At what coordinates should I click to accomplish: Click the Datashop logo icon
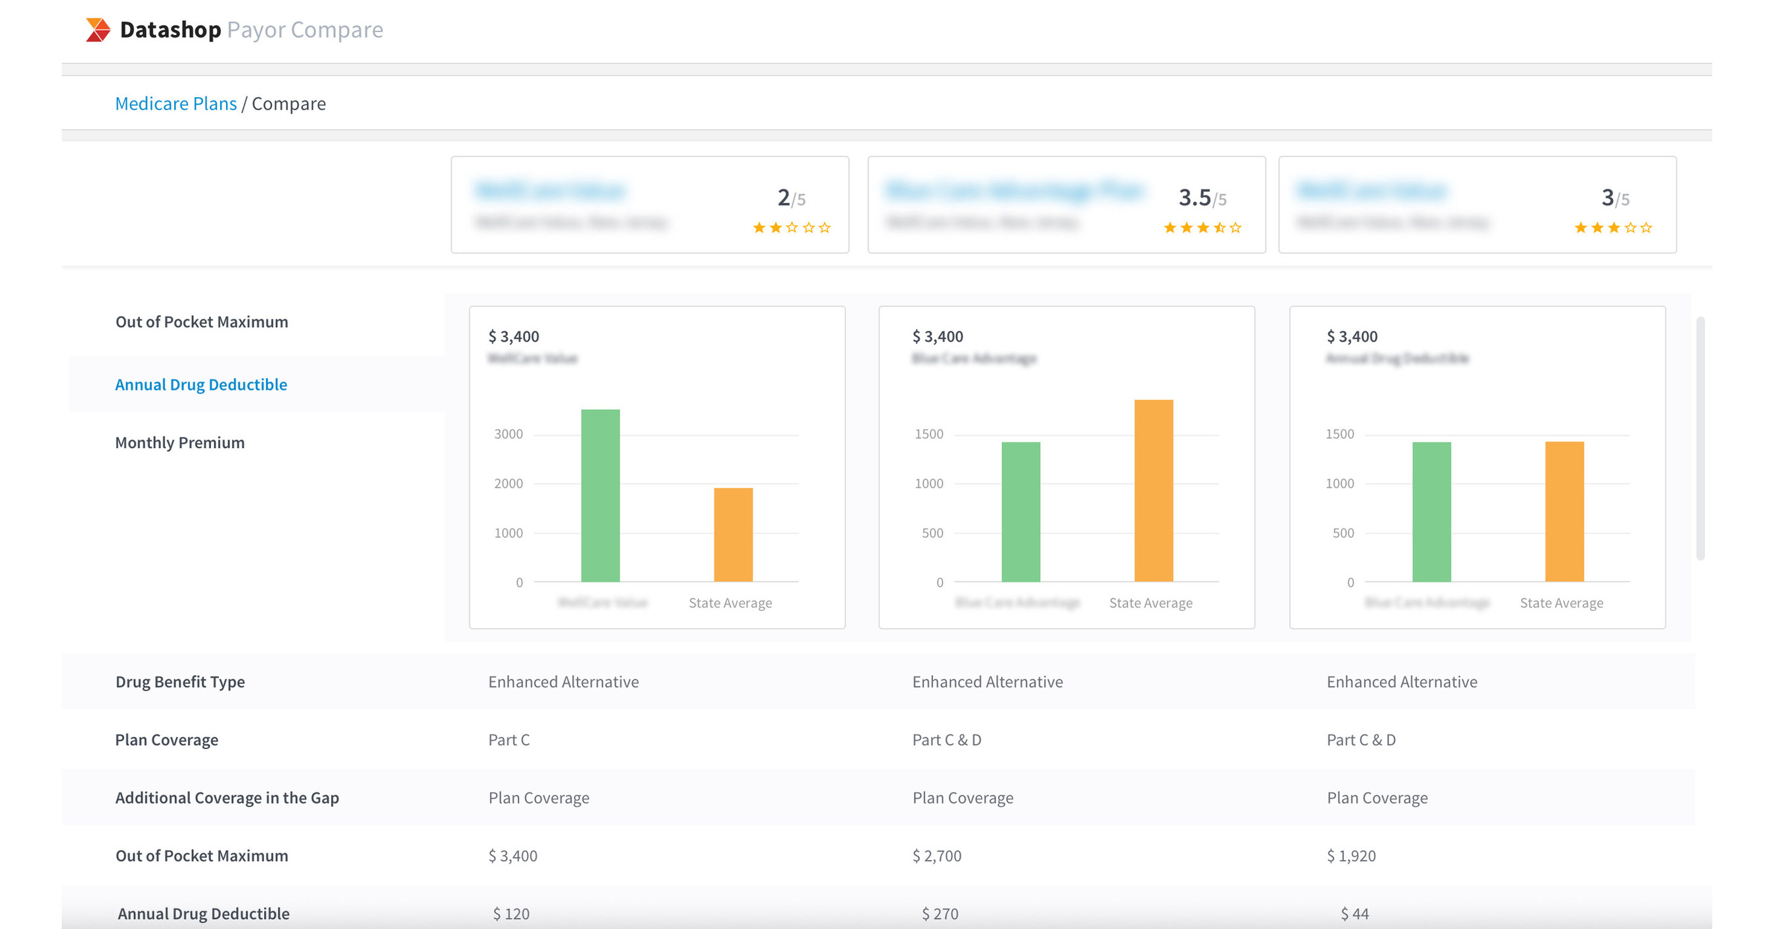pos(98,30)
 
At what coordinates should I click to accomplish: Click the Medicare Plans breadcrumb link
pos(175,103)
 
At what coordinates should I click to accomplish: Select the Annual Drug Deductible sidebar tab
pos(200,384)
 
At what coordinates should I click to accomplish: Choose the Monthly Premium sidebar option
pos(180,442)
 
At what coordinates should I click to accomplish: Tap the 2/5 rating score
pos(790,198)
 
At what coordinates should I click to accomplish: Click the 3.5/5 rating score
pos(1202,198)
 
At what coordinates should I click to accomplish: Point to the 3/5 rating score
pos(1614,198)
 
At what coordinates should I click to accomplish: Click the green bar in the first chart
pos(600,496)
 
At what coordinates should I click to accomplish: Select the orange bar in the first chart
pos(733,535)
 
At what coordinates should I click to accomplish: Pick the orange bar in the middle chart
pos(1153,490)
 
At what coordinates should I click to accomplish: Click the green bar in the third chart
pos(1431,512)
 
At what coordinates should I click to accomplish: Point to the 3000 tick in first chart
pos(509,434)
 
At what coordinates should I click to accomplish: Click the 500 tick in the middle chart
pos(932,533)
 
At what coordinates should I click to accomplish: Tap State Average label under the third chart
pos(1561,602)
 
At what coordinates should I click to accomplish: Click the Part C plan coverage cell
pos(509,740)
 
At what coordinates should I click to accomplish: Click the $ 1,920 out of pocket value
pos(1350,855)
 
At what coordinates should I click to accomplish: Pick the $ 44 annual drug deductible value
pos(1354,913)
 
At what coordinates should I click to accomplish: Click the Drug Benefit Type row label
pos(180,682)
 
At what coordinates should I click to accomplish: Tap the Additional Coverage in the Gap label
pos(227,798)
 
